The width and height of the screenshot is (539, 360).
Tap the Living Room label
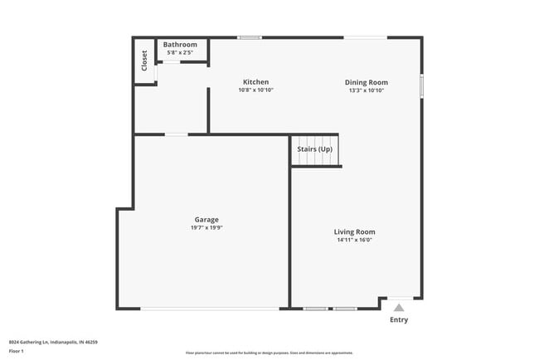tap(354, 232)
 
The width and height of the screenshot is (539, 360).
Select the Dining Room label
tap(367, 82)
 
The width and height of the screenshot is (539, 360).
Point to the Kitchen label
tap(255, 82)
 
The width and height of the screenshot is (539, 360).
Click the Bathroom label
tap(180, 45)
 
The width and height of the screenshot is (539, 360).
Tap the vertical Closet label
tap(144, 61)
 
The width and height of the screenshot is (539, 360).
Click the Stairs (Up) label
tap(315, 149)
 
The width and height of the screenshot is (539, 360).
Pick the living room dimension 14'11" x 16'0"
tap(354, 241)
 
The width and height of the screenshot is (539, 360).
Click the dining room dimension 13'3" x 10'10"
tap(367, 90)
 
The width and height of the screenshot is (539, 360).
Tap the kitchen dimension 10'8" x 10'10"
tap(255, 90)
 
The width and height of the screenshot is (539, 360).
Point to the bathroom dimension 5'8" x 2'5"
tap(180, 53)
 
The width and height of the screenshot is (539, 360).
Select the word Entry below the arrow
tap(399, 320)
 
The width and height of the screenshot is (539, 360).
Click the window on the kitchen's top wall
tap(250, 37)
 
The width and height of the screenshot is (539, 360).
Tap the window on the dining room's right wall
tap(421, 85)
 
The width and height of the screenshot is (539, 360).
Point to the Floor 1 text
tap(17, 351)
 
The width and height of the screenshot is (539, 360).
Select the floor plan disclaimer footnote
tap(269, 352)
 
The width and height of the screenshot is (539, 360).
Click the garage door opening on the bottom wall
tap(211, 309)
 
